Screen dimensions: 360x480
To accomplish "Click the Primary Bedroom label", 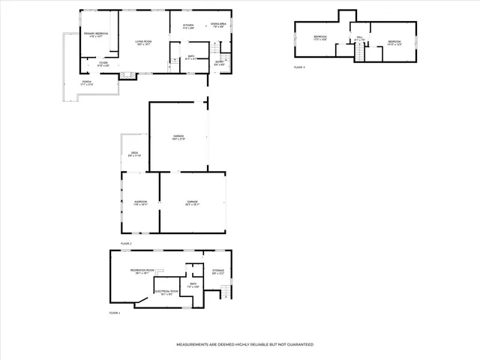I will pyautogui.click(x=96, y=34).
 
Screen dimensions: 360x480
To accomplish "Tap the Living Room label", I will pyautogui.click(x=143, y=41).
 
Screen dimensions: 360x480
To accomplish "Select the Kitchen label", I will pyautogui.click(x=188, y=26).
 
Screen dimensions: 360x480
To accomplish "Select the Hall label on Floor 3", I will pyautogui.click(x=360, y=37).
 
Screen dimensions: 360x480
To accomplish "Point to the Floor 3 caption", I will pyautogui.click(x=299, y=68).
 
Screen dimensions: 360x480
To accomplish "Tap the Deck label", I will pyautogui.click(x=134, y=153).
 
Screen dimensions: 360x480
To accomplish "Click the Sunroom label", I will pyautogui.click(x=140, y=202).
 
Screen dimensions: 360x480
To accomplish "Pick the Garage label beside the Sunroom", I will pyautogui.click(x=193, y=202).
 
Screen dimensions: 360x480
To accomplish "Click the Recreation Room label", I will pyautogui.click(x=141, y=270).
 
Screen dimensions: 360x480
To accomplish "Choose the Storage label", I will pyautogui.click(x=217, y=271).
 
